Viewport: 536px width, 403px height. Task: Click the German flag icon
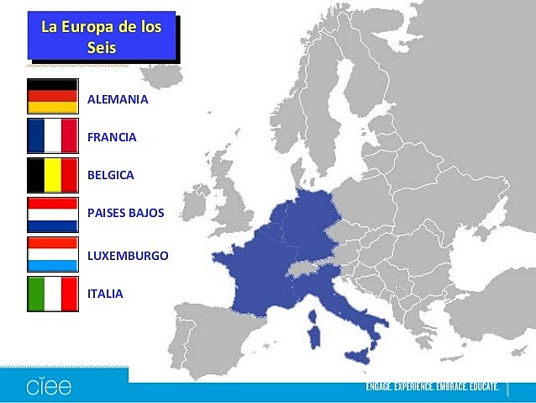(x=52, y=96)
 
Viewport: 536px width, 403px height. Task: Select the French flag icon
(x=52, y=135)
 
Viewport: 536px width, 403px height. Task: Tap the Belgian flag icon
(x=52, y=175)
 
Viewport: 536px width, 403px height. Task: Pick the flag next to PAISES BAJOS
(x=52, y=215)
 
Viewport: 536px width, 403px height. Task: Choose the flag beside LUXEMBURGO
(x=52, y=254)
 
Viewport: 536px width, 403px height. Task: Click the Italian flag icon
(x=52, y=294)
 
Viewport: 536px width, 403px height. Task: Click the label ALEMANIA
(x=118, y=99)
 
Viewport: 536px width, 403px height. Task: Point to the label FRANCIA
(x=112, y=136)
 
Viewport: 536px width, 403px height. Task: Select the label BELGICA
(x=111, y=175)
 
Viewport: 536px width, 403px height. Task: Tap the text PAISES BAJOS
(x=126, y=213)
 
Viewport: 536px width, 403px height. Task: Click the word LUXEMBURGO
(x=128, y=255)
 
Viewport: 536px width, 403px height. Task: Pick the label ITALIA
(x=105, y=294)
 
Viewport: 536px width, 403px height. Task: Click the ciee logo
(x=48, y=386)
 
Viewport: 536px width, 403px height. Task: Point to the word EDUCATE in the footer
(x=479, y=387)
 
